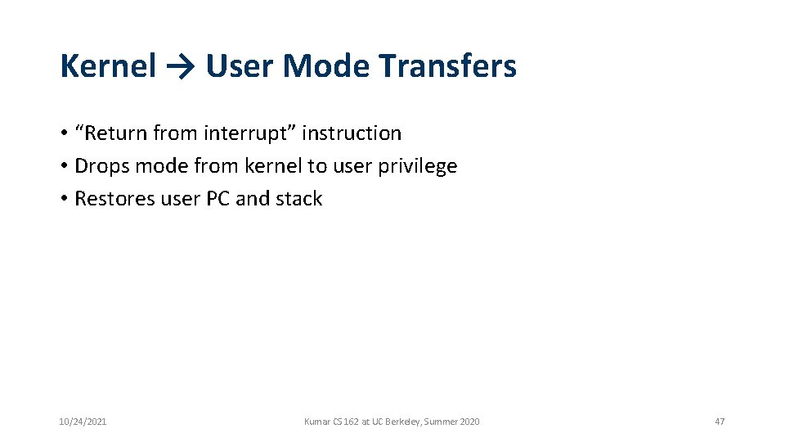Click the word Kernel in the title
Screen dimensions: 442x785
108,66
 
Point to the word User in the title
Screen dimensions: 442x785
241,66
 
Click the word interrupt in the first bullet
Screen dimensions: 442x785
248,133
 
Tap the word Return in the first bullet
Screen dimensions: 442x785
115,133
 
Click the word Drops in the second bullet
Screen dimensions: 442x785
102,166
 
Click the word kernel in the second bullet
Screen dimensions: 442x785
274,166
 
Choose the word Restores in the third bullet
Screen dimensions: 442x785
114,199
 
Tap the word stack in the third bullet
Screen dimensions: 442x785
300,199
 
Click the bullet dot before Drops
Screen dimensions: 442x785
63,167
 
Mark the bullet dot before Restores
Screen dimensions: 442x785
63,200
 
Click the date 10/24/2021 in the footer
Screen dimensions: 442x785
83,422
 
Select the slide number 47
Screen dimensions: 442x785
720,422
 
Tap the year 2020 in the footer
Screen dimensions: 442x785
469,422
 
